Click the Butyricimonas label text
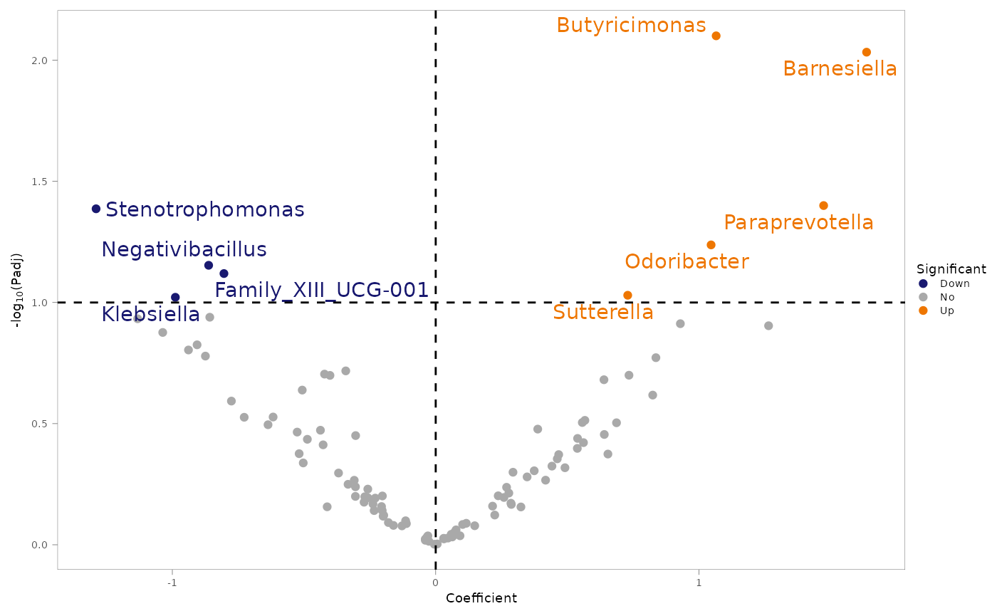631,26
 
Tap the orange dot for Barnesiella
866,52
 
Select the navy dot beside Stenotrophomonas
96,209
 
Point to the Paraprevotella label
798,223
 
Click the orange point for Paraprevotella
823,206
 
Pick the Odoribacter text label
687,262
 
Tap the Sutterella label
603,313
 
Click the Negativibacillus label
184,250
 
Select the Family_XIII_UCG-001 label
322,291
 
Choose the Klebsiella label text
150,315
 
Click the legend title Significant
951,269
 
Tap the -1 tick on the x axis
172,580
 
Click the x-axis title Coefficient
481,598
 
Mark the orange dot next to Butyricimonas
716,36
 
